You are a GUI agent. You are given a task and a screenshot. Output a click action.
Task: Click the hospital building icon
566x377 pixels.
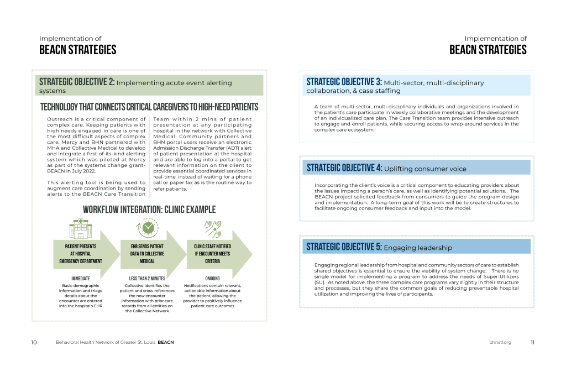point(80,228)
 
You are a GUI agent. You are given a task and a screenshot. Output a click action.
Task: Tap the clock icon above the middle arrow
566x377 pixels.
point(147,228)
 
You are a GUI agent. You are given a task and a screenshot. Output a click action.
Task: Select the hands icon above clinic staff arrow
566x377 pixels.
point(213,228)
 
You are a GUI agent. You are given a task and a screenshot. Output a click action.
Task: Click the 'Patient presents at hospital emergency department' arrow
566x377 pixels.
point(83,254)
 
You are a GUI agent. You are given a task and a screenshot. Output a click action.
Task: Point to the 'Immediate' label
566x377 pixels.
point(81,279)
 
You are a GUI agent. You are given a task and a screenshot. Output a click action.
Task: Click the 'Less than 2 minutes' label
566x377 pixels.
point(146,279)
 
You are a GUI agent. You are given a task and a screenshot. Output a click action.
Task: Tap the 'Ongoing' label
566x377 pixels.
point(212,279)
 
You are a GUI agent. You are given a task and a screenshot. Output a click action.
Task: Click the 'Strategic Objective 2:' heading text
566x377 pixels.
point(77,82)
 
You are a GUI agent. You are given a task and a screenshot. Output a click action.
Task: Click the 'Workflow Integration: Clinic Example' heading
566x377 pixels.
point(149,210)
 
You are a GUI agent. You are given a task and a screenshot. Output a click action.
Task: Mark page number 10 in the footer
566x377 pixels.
point(34,342)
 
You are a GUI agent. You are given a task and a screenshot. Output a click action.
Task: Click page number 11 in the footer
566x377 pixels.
point(532,342)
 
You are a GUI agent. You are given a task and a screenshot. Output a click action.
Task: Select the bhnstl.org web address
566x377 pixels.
point(500,342)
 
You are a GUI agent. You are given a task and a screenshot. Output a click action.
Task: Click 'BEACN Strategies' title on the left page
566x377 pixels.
point(78,50)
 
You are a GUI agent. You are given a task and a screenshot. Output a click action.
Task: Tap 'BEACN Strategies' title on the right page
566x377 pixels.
point(488,50)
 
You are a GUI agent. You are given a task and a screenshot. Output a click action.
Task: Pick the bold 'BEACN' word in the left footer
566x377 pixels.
point(166,342)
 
